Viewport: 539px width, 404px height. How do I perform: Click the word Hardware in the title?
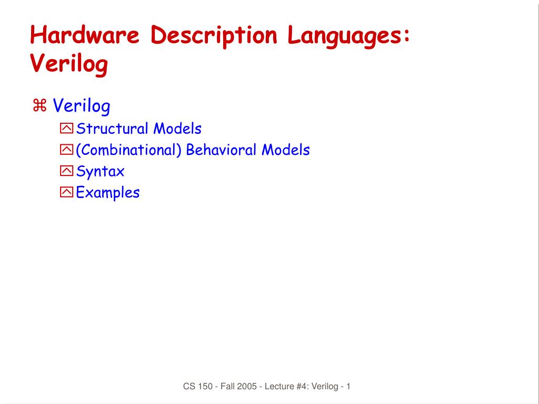coord(85,36)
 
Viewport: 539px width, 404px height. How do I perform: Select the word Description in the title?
coord(213,36)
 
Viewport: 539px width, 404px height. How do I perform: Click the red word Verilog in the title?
coord(69,64)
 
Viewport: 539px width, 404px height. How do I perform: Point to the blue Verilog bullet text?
coord(82,106)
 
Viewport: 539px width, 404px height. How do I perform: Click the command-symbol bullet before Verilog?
coord(40,106)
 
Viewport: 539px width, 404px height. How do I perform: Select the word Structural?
coord(112,129)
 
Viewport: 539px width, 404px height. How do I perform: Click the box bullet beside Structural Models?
coord(67,129)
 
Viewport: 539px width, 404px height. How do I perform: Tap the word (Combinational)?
coord(128,150)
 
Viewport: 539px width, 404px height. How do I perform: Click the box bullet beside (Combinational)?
coord(67,150)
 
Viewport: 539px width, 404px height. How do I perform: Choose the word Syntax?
coord(100,172)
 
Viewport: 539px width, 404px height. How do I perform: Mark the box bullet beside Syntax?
coord(67,171)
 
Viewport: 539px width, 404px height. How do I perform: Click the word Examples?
coord(107,193)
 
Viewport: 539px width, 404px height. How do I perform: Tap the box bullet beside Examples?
coord(67,193)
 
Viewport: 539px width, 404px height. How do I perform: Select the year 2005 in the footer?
coord(246,387)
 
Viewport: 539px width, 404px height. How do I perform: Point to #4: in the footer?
coord(301,387)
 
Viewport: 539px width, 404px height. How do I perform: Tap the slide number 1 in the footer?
coord(348,387)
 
